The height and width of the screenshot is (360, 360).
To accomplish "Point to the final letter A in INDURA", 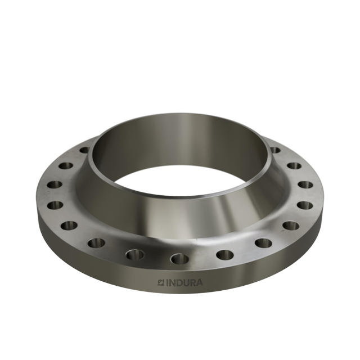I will click(x=200, y=282).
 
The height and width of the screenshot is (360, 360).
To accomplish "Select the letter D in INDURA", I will click(x=177, y=282).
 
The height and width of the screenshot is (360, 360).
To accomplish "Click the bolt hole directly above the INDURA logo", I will click(x=179, y=259).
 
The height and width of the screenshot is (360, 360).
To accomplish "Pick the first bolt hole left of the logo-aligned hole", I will click(x=135, y=254).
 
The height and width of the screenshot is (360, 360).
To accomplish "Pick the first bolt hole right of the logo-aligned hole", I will click(x=224, y=254).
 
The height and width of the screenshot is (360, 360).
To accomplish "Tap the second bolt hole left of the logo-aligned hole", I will click(x=96, y=243).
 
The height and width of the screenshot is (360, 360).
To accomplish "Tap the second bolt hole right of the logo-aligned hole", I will click(x=263, y=243).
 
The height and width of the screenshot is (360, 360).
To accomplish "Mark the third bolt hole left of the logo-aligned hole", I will click(x=69, y=226).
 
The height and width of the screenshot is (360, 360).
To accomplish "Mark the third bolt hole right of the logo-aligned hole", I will click(x=290, y=226).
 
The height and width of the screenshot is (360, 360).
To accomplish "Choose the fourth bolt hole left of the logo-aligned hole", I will click(x=54, y=205).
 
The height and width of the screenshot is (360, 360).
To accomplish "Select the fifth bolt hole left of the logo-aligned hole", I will click(x=53, y=184).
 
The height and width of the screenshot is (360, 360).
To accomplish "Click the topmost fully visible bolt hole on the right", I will click(x=294, y=166).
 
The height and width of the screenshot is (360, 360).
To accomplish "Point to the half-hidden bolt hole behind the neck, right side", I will click(x=275, y=150).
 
